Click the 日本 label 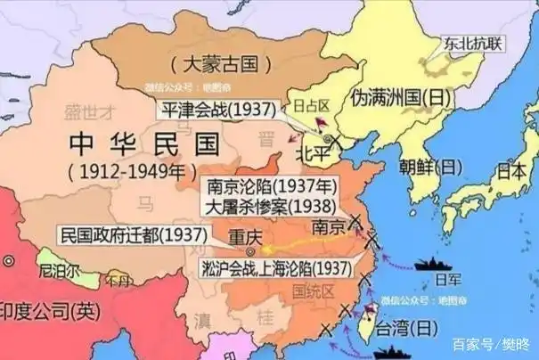click(x=511, y=169)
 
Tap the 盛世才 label click(x=91, y=111)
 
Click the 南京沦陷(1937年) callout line click(x=270, y=188)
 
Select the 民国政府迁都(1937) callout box click(x=134, y=235)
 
